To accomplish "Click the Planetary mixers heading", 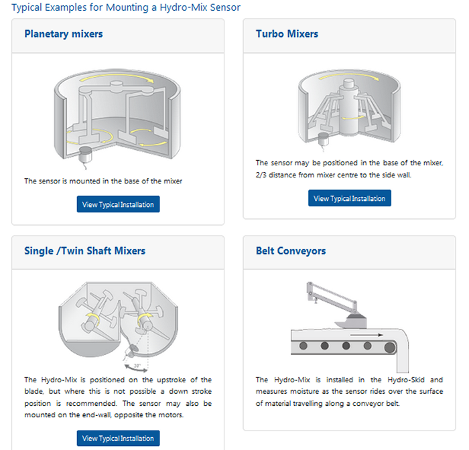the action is click(x=64, y=34).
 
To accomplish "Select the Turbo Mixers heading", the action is click(x=287, y=33).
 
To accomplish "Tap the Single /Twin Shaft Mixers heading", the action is click(x=85, y=250).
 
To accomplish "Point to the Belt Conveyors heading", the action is click(x=291, y=251).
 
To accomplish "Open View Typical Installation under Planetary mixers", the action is click(x=118, y=204).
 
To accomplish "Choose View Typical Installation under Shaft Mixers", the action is click(x=118, y=438).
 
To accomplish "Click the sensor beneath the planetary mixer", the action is click(x=85, y=155).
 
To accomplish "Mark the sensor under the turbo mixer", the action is click(x=323, y=140).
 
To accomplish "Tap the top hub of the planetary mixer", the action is click(x=117, y=86).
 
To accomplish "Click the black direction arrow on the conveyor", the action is click(x=366, y=335).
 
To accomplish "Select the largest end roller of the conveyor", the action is click(x=390, y=348).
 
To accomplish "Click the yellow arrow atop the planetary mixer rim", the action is click(x=117, y=76).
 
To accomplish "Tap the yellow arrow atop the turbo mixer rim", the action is click(x=349, y=76).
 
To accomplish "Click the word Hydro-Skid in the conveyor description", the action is click(x=406, y=380).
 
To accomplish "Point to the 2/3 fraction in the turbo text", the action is click(x=261, y=175).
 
